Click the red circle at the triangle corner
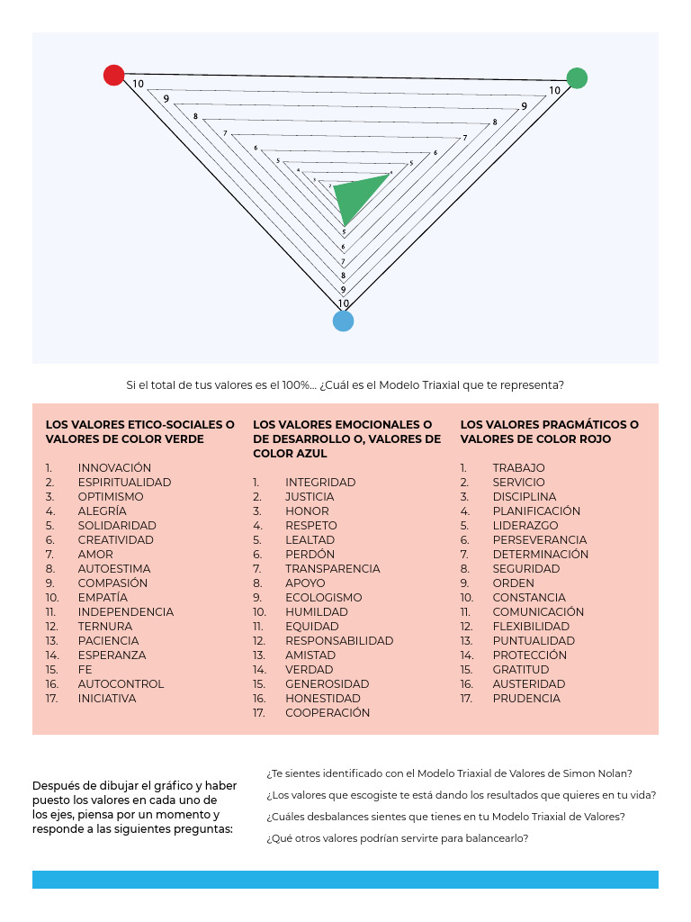point(113,75)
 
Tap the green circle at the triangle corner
point(577,78)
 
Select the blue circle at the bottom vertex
point(343,321)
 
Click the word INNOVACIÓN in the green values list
point(114,468)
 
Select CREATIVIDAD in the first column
point(115,540)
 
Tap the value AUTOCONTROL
point(121,684)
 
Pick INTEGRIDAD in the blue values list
point(320,483)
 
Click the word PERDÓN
point(310,555)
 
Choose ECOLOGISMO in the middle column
point(323,598)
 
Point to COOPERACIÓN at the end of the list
point(328,713)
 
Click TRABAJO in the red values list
point(518,468)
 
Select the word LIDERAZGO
point(525,526)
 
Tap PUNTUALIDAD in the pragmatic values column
point(534,641)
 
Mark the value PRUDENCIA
point(526,699)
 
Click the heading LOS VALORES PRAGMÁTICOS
point(549,425)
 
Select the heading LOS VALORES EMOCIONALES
point(342,425)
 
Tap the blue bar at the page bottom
point(345,880)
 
